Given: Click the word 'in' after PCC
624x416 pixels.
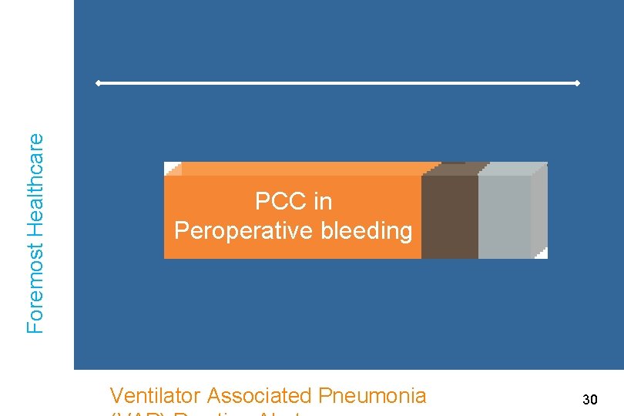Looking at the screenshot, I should point(323,202).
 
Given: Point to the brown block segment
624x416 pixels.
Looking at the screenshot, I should point(449,216).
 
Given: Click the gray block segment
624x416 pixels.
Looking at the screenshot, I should point(505,216).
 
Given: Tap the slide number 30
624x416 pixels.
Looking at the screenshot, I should point(590,399).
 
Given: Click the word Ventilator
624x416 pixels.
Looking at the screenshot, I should point(156,396).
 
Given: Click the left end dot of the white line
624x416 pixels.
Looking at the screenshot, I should point(98,82).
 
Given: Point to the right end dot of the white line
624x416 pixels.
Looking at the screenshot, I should point(577,82).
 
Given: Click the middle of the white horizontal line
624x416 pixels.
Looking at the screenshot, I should point(337,82).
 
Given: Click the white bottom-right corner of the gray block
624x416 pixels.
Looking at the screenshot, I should point(542,253).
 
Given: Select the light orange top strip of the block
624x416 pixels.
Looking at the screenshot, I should point(300,169).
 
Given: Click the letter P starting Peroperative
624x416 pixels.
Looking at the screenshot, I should point(180,230).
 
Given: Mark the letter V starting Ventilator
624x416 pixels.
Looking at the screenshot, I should point(116,396).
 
